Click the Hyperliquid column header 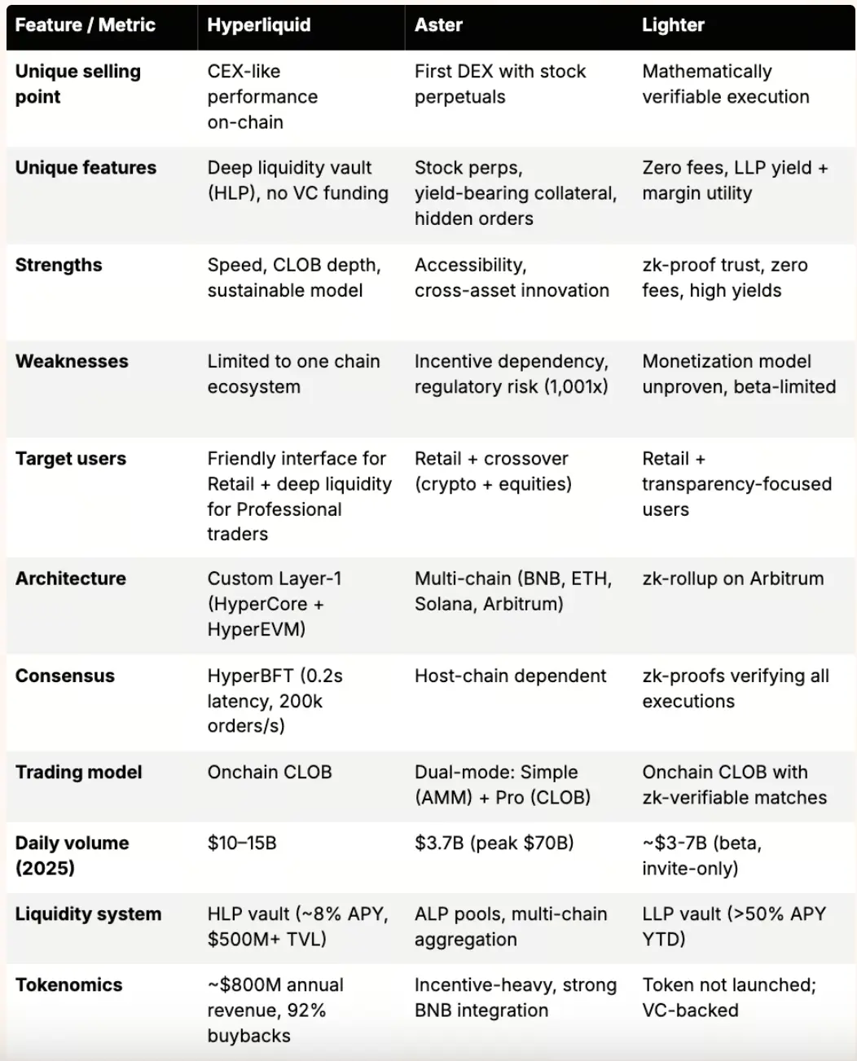tap(258, 25)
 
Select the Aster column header tap(438, 25)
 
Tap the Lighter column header tap(672, 25)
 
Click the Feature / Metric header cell tap(85, 25)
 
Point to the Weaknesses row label tap(72, 361)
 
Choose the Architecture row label tap(71, 579)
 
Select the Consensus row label tap(65, 676)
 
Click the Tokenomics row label tap(69, 984)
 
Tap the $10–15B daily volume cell tap(242, 843)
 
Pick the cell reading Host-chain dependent tap(510, 676)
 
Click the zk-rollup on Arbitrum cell tap(732, 579)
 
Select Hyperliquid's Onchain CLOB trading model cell tap(270, 772)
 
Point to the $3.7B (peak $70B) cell tap(494, 843)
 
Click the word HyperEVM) tap(256, 629)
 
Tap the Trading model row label tap(79, 772)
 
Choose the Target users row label tap(71, 459)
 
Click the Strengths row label tap(59, 265)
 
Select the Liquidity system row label tap(88, 914)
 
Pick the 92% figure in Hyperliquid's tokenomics tap(305, 1010)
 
